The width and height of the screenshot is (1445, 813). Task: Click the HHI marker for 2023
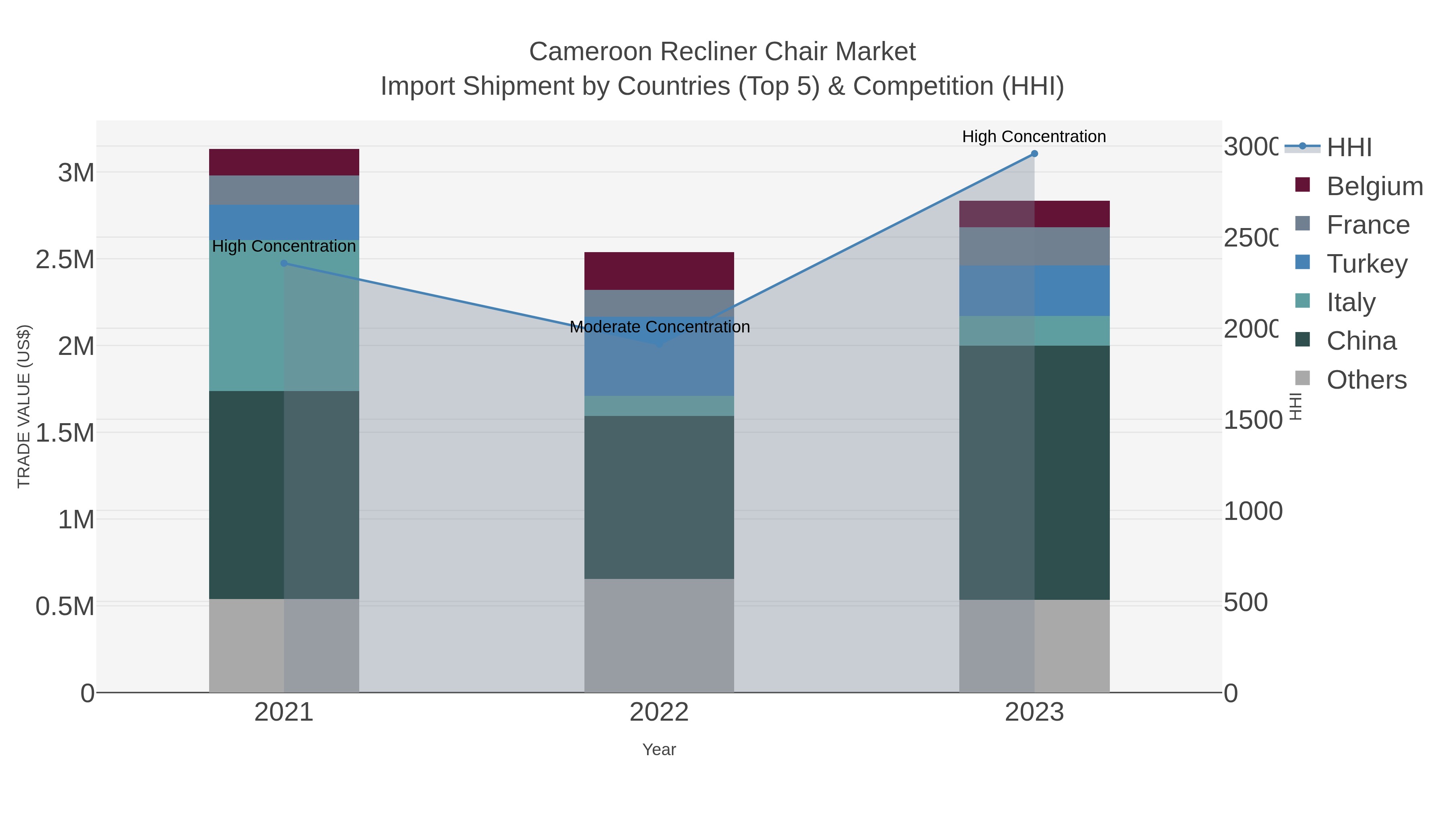1034,154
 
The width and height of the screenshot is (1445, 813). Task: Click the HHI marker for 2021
284,263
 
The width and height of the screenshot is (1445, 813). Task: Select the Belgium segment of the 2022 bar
659,271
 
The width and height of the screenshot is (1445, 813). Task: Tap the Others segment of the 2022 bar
659,635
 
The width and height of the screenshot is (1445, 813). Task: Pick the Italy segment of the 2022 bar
659,405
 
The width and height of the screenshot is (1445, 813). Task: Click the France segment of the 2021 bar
284,190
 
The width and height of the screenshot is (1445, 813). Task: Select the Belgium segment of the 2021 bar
284,162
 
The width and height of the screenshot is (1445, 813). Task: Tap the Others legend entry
1366,380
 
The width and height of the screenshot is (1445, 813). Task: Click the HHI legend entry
1349,147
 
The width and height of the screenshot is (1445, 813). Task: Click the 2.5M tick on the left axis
65,260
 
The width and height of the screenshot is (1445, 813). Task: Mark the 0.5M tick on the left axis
65,606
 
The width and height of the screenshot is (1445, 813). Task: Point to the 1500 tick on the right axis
1252,420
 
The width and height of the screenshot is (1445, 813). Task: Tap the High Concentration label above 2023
1034,137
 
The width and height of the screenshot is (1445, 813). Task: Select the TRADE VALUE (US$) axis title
24,406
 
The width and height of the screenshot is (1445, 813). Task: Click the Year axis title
659,750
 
